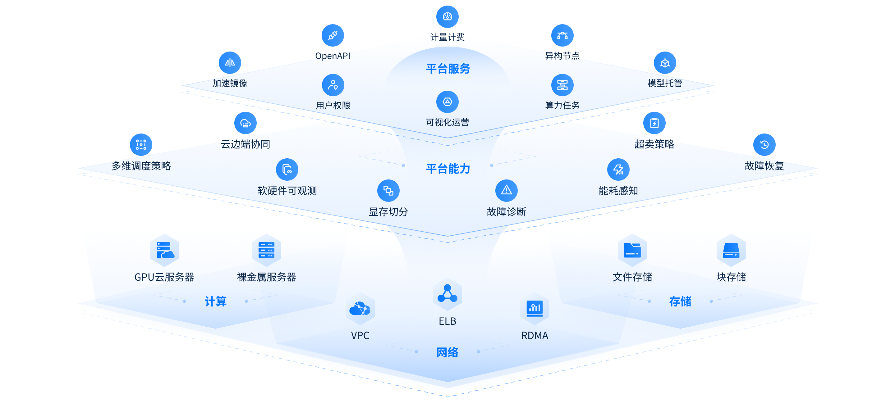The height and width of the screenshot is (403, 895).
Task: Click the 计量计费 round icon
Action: point(447,17)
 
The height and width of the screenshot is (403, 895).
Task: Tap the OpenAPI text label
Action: point(333,56)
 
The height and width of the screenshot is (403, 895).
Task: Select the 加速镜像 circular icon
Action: point(230,63)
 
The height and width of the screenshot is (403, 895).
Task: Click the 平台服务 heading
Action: point(448,69)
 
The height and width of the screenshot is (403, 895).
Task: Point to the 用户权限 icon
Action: point(333,85)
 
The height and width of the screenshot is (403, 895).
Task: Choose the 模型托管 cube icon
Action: point(665,63)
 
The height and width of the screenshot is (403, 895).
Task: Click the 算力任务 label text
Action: point(562,106)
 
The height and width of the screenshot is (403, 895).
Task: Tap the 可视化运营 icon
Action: point(447,102)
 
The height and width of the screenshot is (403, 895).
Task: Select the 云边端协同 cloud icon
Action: point(245,123)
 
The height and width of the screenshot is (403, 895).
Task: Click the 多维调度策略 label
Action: point(141,166)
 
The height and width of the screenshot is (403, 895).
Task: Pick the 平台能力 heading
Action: point(448,169)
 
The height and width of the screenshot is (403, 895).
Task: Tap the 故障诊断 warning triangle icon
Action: point(506,190)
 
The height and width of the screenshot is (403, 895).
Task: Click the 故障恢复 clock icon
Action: point(764,144)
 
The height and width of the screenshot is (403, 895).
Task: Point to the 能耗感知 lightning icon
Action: point(618,170)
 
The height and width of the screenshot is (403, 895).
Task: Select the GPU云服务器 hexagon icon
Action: point(164,250)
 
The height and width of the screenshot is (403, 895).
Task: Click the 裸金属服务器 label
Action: point(267,277)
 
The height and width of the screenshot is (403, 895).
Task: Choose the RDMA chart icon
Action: point(535,308)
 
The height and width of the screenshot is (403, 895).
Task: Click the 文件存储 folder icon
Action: point(632,250)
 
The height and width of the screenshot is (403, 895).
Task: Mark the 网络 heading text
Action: point(447,352)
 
